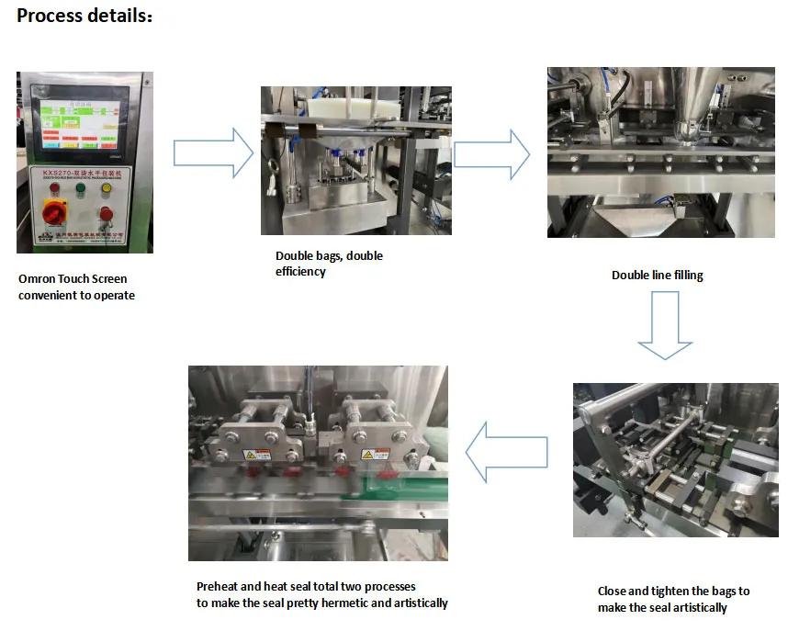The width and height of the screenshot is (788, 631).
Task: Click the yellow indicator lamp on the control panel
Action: pos(106,189)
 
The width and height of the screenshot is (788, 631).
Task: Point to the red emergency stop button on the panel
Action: pos(106,215)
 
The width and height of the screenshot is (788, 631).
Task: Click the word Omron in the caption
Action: pos(36,279)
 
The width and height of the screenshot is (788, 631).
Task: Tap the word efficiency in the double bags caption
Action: pos(300,272)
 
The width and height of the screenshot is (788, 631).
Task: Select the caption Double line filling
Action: pos(657,276)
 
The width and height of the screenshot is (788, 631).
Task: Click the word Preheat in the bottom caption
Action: pos(217,587)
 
